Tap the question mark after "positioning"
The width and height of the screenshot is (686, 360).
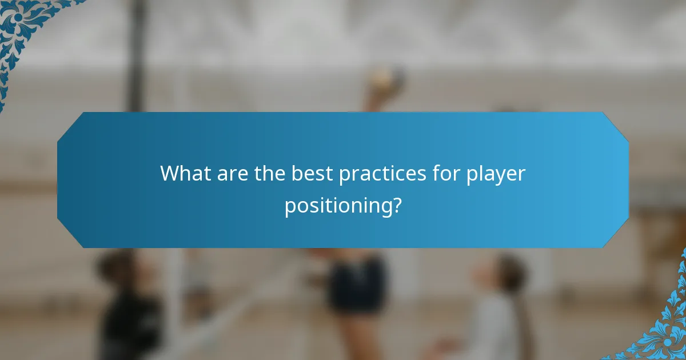396,205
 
